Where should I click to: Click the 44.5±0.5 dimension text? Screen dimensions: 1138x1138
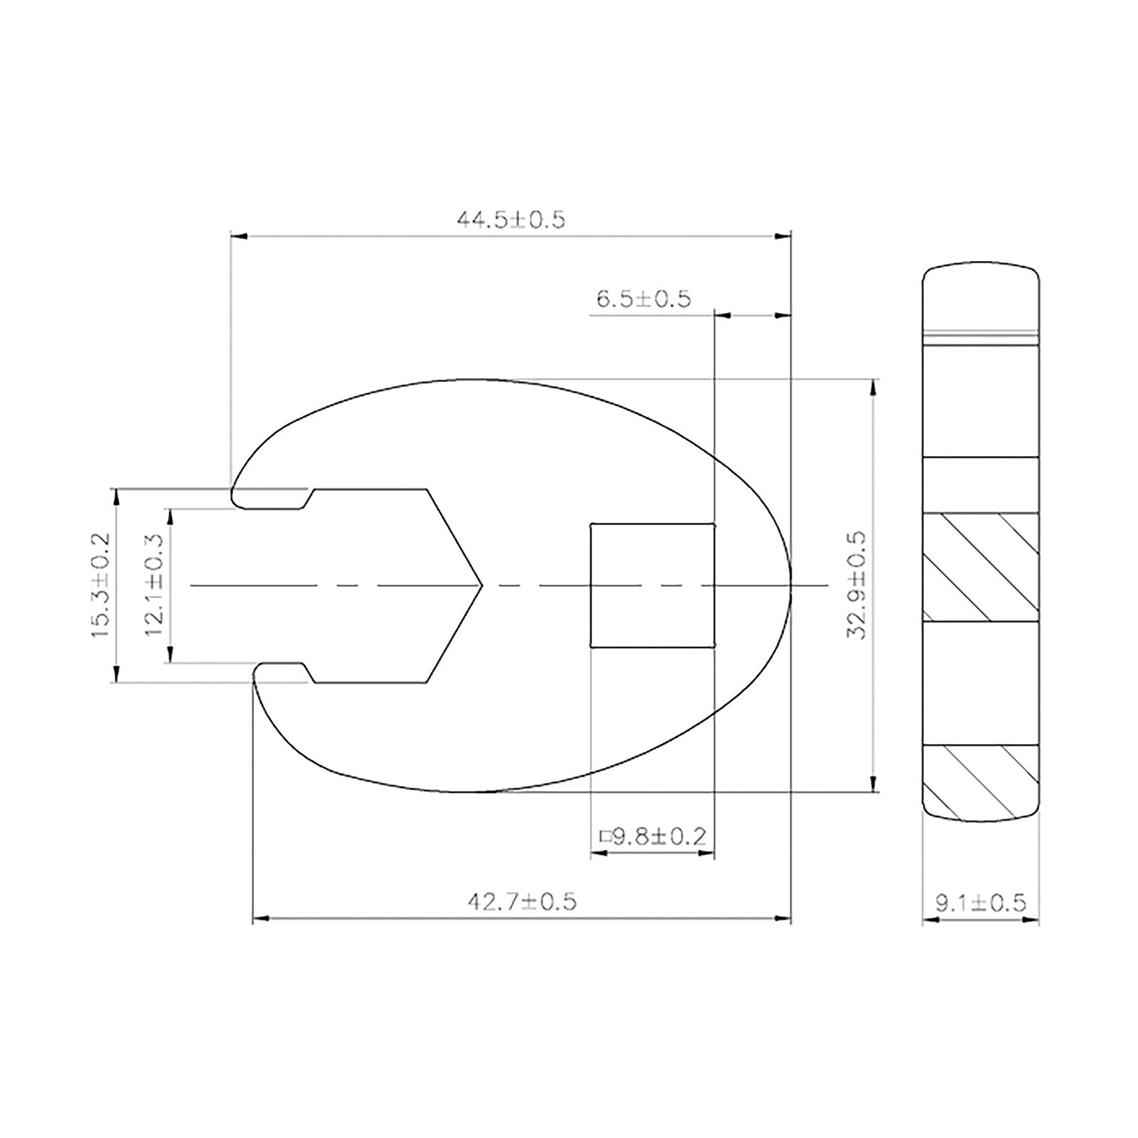[x=510, y=220]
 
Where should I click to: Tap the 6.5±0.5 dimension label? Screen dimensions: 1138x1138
[x=643, y=299]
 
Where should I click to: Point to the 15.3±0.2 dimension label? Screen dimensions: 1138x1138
[x=102, y=585]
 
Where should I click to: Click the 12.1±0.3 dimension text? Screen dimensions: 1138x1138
[x=155, y=585]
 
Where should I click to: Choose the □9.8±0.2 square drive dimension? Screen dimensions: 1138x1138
[x=653, y=836]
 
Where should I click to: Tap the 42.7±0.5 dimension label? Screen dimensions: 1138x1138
[x=521, y=903]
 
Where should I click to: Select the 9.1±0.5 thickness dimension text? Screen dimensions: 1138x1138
[x=981, y=903]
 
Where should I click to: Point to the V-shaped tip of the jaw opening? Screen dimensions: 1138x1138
[x=482, y=585]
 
